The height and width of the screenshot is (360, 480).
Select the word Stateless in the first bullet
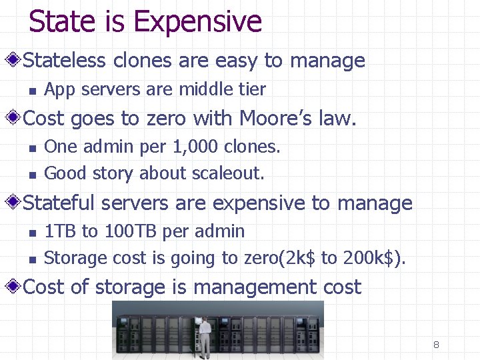[65, 61]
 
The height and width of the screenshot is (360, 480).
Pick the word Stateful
[61, 203]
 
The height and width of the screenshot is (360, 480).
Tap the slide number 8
[436, 345]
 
